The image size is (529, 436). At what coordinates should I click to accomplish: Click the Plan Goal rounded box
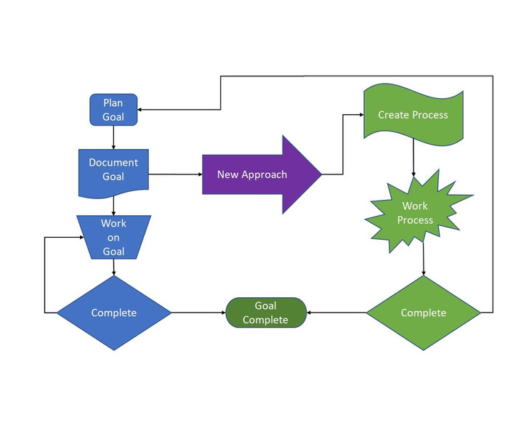pos(113,110)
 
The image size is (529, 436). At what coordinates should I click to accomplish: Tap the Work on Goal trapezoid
pos(113,237)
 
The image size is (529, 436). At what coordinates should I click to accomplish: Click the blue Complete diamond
pos(113,312)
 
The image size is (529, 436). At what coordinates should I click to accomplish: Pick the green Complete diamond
pos(424,312)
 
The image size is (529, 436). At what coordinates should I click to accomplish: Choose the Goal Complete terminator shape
pos(266,312)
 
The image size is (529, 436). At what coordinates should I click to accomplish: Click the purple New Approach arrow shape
pos(262,174)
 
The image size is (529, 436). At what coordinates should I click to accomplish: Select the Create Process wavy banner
pos(413,115)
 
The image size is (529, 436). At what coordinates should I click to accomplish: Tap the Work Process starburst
pos(419,211)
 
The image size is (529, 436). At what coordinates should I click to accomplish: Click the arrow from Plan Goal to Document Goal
pos(113,137)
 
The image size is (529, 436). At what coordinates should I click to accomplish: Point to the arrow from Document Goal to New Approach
pos(175,174)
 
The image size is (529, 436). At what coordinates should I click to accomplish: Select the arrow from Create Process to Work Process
pos(413,157)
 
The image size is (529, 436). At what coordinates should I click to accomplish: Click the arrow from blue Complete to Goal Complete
pos(198,312)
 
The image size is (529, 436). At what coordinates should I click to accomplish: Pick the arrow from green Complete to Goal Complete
pos(336,312)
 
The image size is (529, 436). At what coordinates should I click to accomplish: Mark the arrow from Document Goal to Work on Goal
pos(113,206)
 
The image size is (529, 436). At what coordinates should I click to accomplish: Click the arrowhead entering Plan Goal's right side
pos(140,110)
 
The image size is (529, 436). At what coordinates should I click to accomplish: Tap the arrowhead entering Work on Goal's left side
pos(81,237)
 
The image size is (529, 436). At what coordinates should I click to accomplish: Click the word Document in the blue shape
pos(113,163)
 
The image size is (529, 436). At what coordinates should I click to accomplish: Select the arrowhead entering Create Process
pos(362,115)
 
